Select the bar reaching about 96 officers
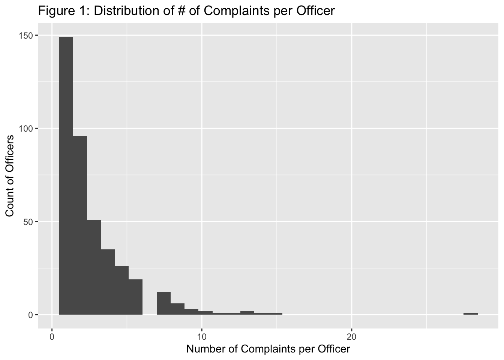[80, 225]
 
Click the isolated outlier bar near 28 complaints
[470, 313]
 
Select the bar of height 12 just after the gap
[163, 303]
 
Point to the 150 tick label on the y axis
[28, 35]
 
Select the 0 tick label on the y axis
[31, 315]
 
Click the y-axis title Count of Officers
[10, 175]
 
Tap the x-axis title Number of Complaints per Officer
[268, 349]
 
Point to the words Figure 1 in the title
[62, 11]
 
